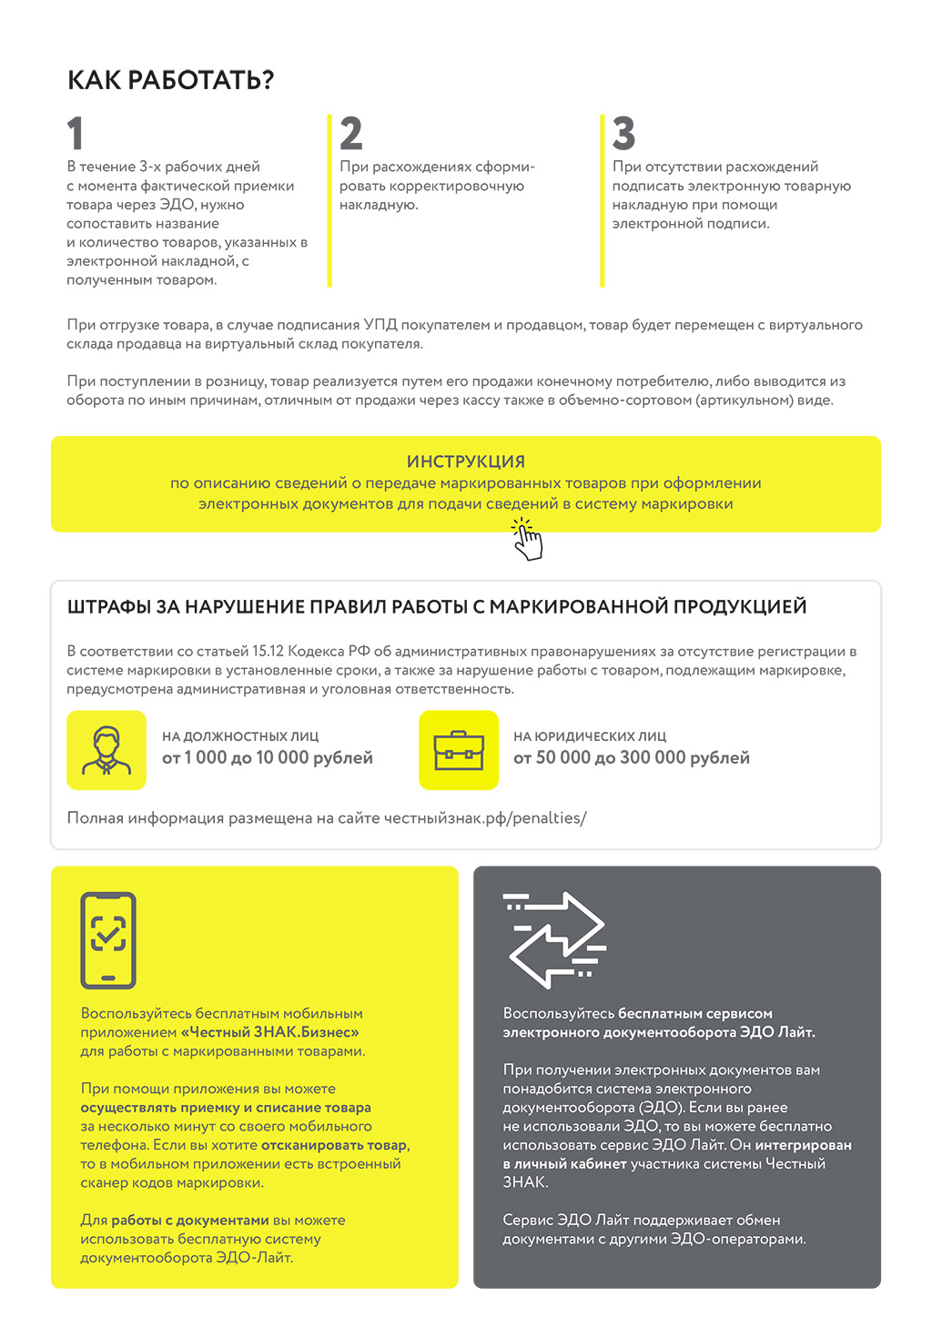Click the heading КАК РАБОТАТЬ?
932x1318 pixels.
point(170,80)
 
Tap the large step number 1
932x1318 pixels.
point(76,134)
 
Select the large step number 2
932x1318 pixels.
point(350,134)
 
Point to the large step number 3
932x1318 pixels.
point(623,134)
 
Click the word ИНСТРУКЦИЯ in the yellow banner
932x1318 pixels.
point(465,461)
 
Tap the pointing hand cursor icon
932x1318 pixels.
point(527,540)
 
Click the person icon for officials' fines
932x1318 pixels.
point(106,750)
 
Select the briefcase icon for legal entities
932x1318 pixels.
point(459,750)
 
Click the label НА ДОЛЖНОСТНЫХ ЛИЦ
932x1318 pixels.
point(240,736)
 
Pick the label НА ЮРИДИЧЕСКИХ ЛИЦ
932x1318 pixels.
point(590,736)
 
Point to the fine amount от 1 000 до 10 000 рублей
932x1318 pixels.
point(268,758)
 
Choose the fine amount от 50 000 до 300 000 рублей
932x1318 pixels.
point(632,758)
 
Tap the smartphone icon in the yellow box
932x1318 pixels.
point(108,940)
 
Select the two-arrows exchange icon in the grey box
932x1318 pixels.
point(554,940)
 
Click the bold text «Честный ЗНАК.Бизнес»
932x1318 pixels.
point(269,1032)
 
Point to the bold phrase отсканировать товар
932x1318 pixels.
point(334,1145)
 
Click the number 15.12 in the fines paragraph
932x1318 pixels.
point(268,652)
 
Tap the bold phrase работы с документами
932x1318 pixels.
point(190,1221)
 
